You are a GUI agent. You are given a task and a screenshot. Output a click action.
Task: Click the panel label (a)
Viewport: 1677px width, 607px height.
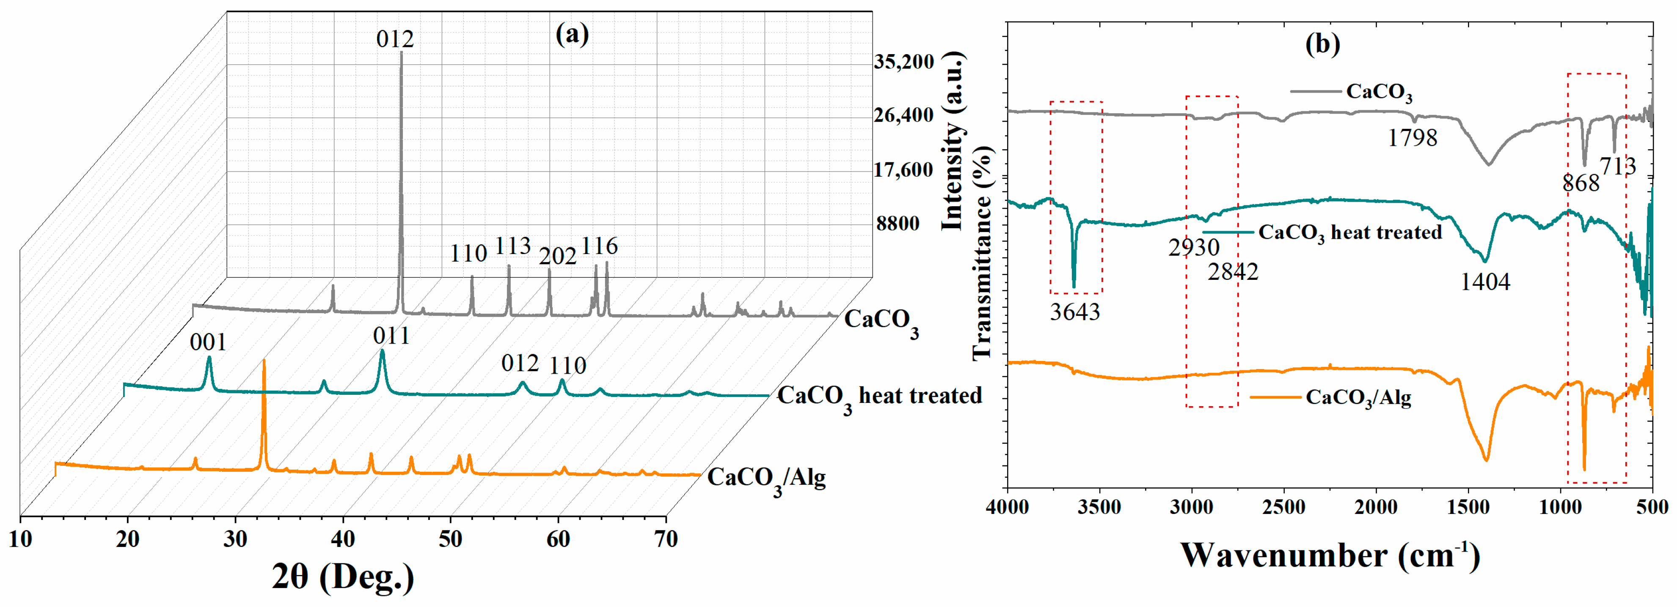(572, 34)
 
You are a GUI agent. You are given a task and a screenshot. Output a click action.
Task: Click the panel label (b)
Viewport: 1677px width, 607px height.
(1322, 44)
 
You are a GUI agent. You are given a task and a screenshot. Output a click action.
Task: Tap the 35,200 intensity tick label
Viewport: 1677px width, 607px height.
(904, 62)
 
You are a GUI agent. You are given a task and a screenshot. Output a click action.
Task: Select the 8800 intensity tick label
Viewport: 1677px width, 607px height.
(898, 223)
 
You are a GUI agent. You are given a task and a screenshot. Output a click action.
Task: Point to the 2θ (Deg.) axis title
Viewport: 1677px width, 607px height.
(343, 575)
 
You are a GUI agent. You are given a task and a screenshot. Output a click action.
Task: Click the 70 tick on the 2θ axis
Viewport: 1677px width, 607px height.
(665, 539)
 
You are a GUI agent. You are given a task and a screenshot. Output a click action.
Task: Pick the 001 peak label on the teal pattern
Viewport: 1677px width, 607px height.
(208, 342)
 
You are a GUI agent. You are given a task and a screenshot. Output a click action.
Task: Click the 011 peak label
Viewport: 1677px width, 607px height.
(391, 336)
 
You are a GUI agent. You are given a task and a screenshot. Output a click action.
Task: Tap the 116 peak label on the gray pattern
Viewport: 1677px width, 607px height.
(599, 246)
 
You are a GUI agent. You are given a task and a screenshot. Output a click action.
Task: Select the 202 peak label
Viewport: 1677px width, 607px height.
(557, 256)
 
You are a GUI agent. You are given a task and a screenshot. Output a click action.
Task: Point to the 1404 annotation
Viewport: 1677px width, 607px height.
(1485, 282)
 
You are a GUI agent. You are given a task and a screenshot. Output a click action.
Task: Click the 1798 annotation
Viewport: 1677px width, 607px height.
(1412, 138)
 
